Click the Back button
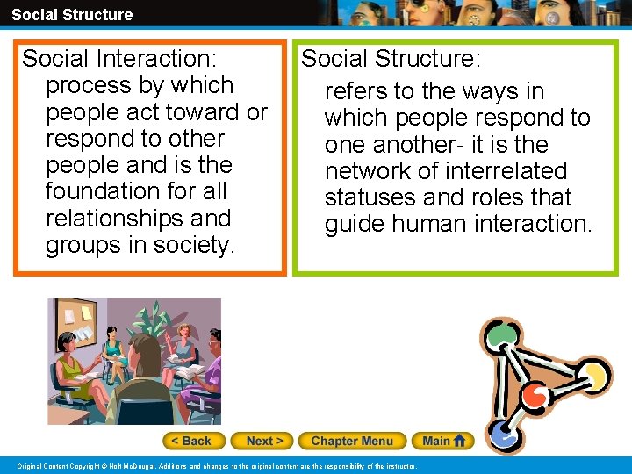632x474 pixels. point(193,441)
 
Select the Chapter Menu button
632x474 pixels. point(352,441)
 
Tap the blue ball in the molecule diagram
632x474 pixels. point(501,432)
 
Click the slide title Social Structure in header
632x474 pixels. point(72,14)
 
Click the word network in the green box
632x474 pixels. point(368,171)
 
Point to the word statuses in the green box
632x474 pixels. point(370,197)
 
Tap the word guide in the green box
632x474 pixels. point(352,224)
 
